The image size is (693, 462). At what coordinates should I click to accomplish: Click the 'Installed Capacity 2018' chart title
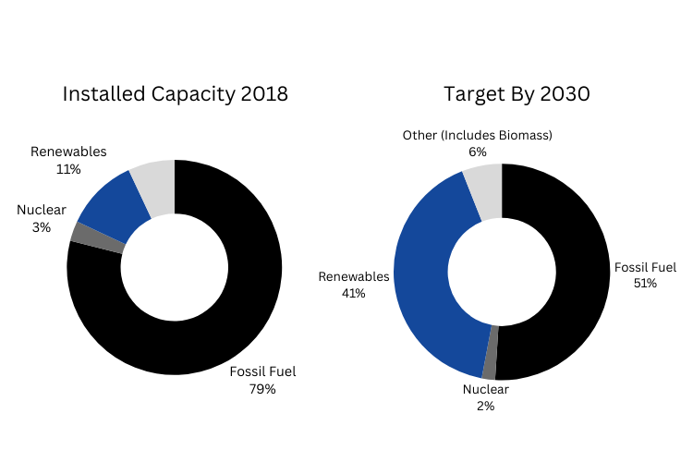(175, 94)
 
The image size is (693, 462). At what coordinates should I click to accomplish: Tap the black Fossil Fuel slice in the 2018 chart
(231, 314)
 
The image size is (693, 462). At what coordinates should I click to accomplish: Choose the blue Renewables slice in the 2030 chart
(431, 277)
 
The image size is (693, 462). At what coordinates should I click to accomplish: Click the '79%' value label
(262, 389)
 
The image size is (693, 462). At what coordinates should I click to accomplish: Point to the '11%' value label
(68, 169)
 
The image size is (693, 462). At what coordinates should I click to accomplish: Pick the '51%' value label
(645, 283)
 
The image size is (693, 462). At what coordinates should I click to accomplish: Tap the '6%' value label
(477, 152)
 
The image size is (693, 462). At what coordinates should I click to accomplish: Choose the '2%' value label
(486, 406)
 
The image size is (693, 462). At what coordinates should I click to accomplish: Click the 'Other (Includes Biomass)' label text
(477, 136)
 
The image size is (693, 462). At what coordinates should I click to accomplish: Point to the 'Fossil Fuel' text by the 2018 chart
(262, 372)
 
